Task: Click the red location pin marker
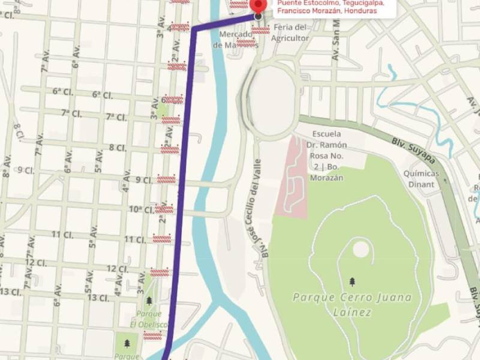tap(258, 5)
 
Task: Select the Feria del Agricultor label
tap(290, 32)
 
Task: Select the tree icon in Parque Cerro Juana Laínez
tap(352, 281)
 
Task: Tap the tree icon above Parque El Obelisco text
tap(149, 301)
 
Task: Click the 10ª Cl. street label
tap(142, 209)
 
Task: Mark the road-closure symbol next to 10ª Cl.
tap(164, 209)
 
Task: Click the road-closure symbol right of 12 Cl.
tap(159, 272)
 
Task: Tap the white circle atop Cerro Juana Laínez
tap(360, 248)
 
